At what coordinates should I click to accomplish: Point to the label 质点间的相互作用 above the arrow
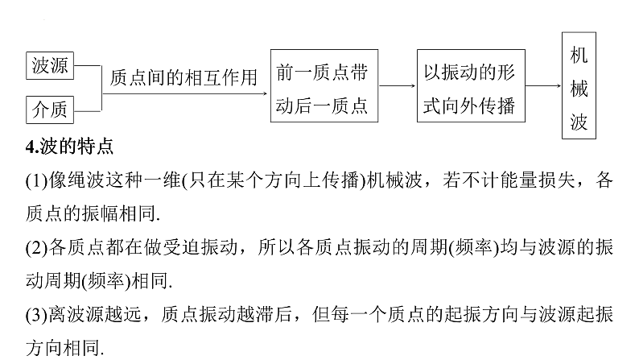click(183, 77)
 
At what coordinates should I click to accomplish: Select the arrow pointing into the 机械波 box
click(543, 85)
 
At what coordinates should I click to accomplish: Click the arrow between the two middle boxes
click(398, 85)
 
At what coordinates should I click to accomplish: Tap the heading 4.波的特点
click(69, 147)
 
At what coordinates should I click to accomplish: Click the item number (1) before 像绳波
click(37, 180)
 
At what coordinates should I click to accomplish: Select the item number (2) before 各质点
click(37, 247)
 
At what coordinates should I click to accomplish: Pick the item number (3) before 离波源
click(37, 315)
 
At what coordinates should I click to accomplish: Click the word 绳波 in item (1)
click(86, 180)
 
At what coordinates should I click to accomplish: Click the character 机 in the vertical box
click(579, 55)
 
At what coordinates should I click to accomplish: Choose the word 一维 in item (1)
click(162, 180)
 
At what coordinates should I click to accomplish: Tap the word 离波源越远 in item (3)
click(95, 314)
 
